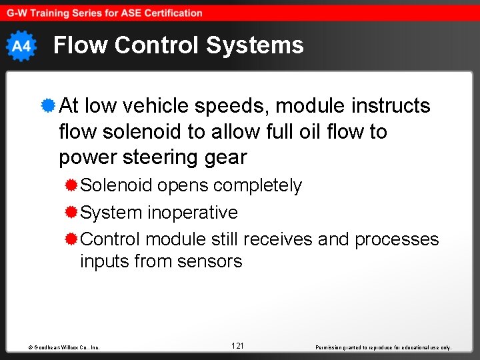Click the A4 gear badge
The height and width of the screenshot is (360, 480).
21,46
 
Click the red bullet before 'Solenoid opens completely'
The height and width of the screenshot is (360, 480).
71,185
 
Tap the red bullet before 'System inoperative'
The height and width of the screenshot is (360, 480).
71,212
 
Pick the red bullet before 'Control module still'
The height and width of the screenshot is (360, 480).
71,239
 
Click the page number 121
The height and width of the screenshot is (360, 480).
237,345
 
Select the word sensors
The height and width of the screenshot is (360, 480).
209,261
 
